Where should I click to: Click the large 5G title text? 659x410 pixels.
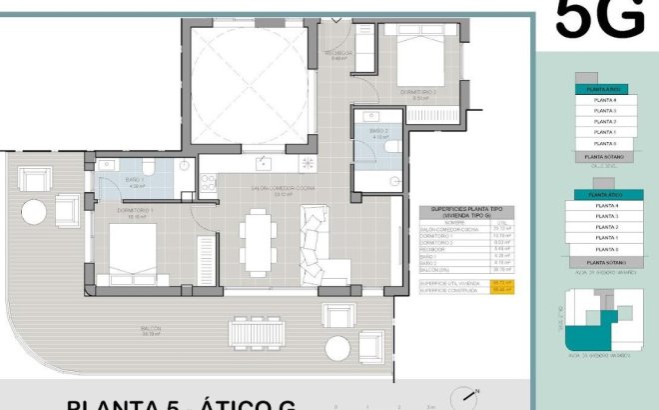[599, 19]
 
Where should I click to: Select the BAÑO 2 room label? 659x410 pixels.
[378, 131]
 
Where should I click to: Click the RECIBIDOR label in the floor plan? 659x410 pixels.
[338, 53]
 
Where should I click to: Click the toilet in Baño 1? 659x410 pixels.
[147, 166]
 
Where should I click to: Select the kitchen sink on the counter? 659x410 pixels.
[264, 161]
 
